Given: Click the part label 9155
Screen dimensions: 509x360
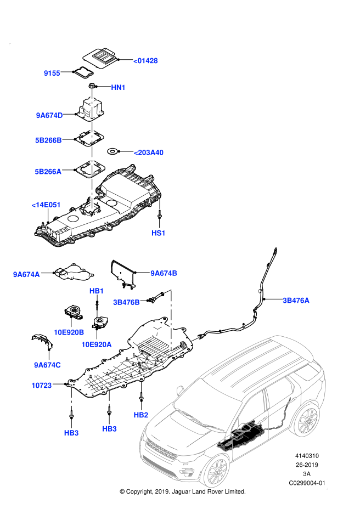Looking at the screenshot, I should (52, 73).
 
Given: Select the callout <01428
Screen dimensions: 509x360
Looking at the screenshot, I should (145, 61).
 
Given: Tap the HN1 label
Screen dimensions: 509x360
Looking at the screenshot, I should (118, 88).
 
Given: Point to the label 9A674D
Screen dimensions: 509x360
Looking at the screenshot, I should (49, 116).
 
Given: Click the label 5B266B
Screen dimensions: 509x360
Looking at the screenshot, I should (48, 140).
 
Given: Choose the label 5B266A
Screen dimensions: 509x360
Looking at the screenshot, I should (48, 172).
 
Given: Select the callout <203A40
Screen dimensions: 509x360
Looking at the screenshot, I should (148, 152).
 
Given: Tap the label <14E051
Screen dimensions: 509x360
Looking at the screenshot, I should (46, 205).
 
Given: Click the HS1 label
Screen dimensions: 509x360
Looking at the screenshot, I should (159, 233).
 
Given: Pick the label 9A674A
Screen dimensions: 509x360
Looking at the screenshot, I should (26, 275).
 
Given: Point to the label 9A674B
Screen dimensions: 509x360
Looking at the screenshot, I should (164, 273).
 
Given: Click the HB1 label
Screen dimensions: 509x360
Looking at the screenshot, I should (97, 291).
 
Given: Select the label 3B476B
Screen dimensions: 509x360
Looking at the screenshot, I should (126, 302).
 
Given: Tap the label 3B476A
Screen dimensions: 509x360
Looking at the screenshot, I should (296, 301).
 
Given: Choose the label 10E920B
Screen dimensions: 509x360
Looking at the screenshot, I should (69, 332).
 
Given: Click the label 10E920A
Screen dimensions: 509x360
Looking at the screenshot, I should (97, 344).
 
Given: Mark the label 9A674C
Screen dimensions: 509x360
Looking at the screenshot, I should (47, 365).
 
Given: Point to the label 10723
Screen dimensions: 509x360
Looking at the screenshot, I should (42, 386).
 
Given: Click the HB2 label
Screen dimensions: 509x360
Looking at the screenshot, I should (141, 415).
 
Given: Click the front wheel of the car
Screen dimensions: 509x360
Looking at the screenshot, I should (217, 471).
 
